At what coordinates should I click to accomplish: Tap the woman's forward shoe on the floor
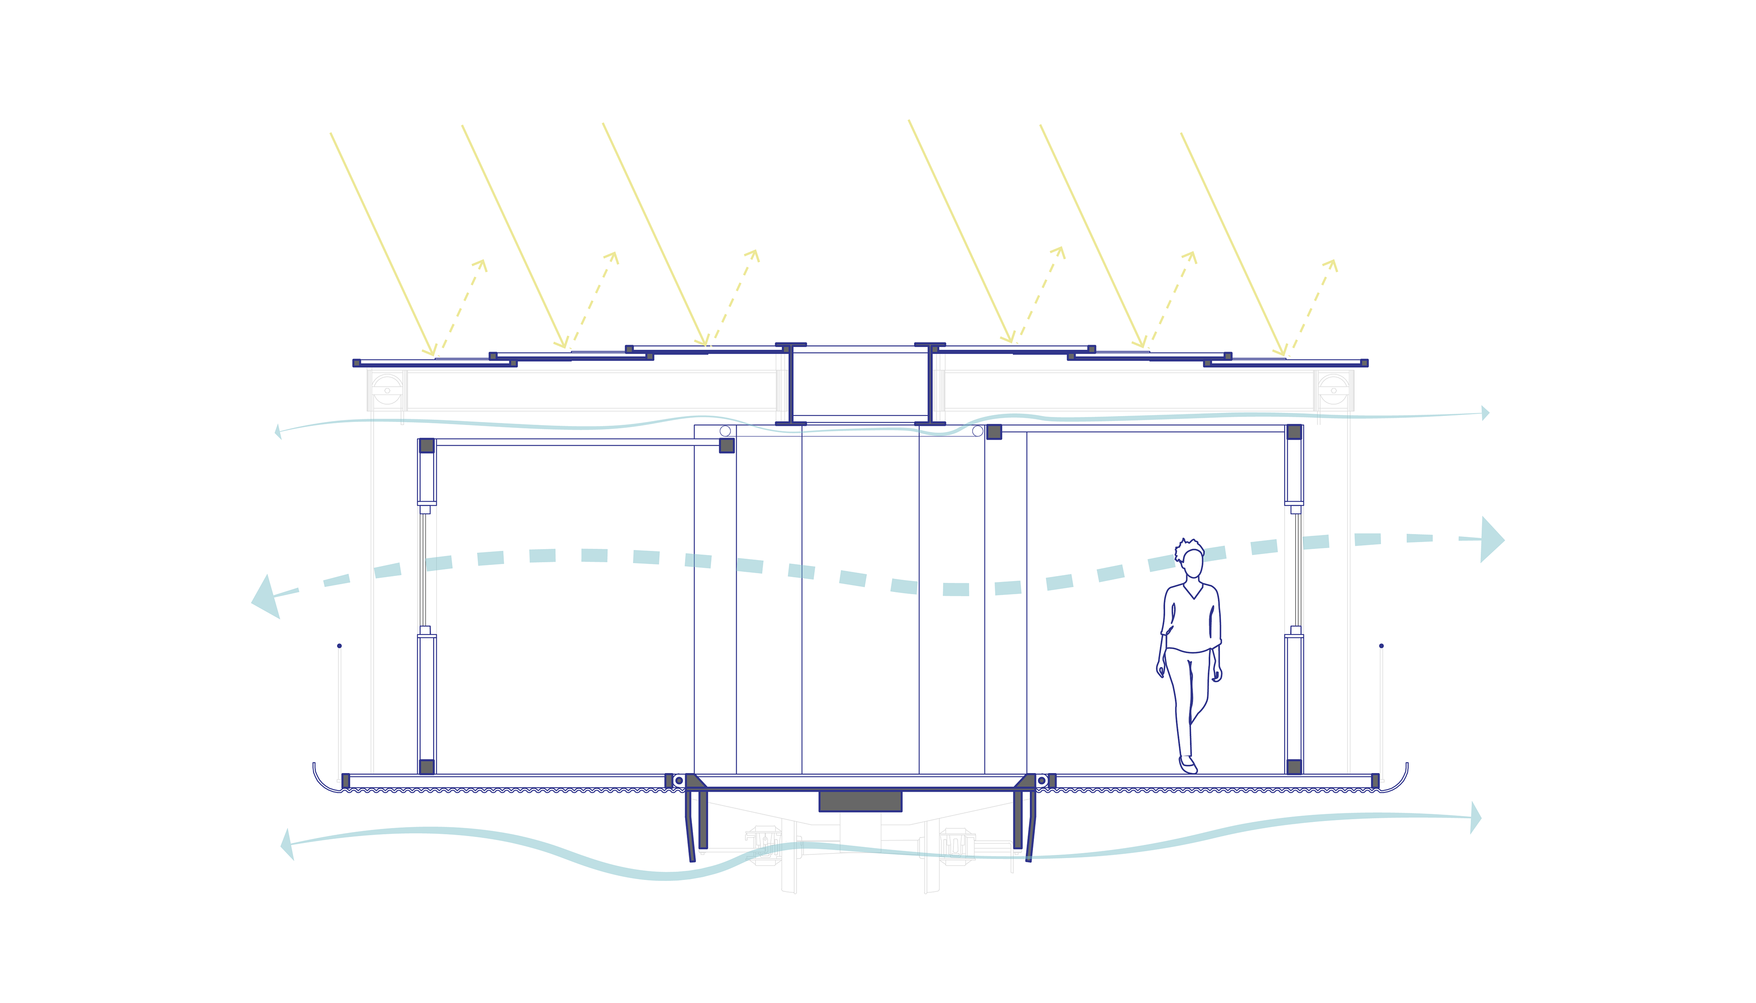tap(1188, 765)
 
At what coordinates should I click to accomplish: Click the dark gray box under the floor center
tap(860, 801)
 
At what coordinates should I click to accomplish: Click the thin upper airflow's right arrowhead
tap(1485, 413)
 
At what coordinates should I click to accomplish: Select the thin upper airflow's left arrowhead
tap(278, 432)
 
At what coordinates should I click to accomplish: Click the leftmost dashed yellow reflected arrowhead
tap(481, 265)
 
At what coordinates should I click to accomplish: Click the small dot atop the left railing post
tap(339, 646)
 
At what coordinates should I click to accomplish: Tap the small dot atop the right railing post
tap(1381, 646)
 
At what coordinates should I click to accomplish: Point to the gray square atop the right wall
tap(1294, 432)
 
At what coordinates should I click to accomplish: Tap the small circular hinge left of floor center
tap(679, 780)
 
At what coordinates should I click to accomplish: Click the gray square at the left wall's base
tap(427, 767)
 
